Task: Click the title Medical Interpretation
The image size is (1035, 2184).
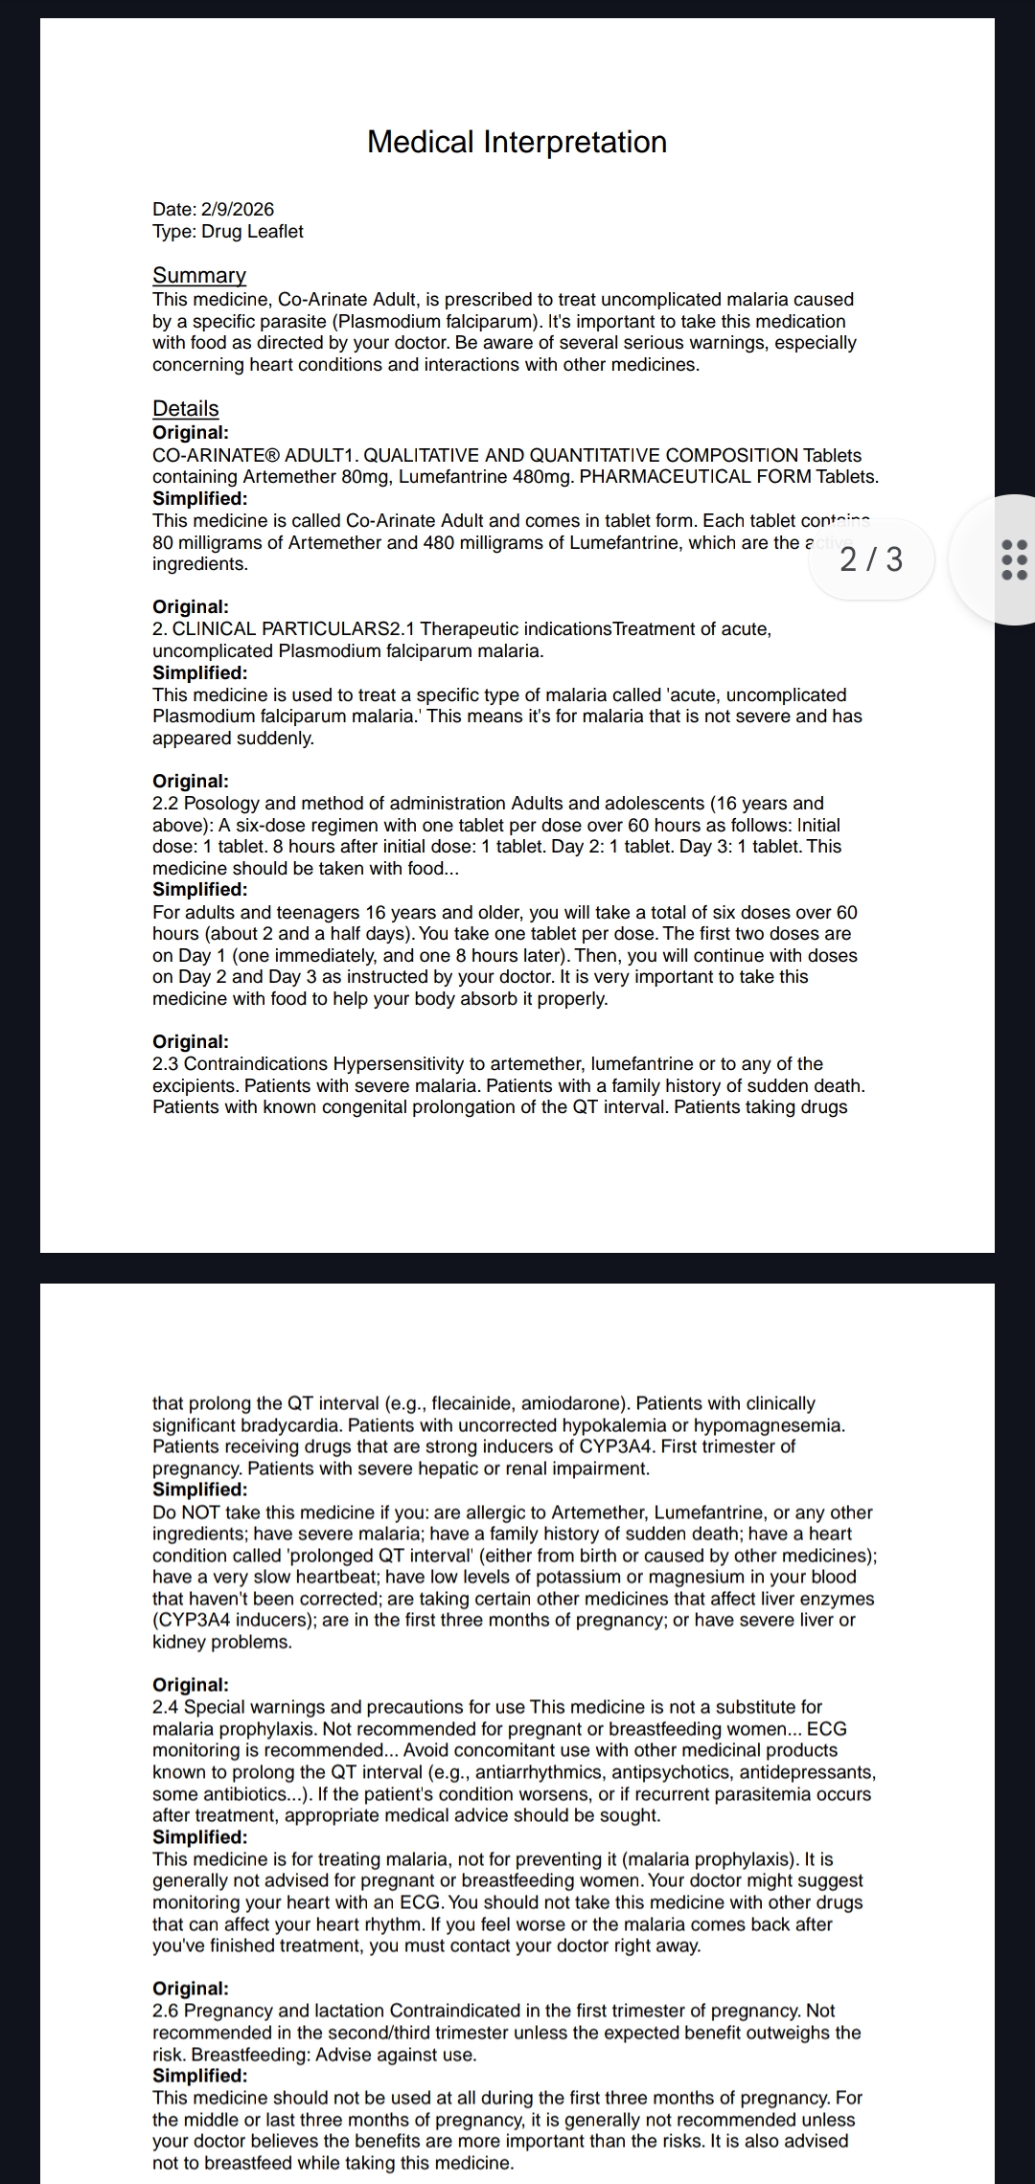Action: (517, 142)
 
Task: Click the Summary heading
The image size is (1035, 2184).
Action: (199, 275)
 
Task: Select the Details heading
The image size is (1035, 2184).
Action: (186, 408)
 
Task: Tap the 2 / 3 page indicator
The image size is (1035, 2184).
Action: (870, 559)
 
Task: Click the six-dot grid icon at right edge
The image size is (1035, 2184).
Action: (1013, 559)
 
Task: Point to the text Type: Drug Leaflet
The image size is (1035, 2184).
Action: (228, 231)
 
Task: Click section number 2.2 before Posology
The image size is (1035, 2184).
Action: (166, 804)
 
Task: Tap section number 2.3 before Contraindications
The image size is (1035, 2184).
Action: (166, 1064)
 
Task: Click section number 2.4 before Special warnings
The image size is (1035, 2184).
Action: (166, 1707)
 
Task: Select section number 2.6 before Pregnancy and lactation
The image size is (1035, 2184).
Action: (166, 2011)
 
